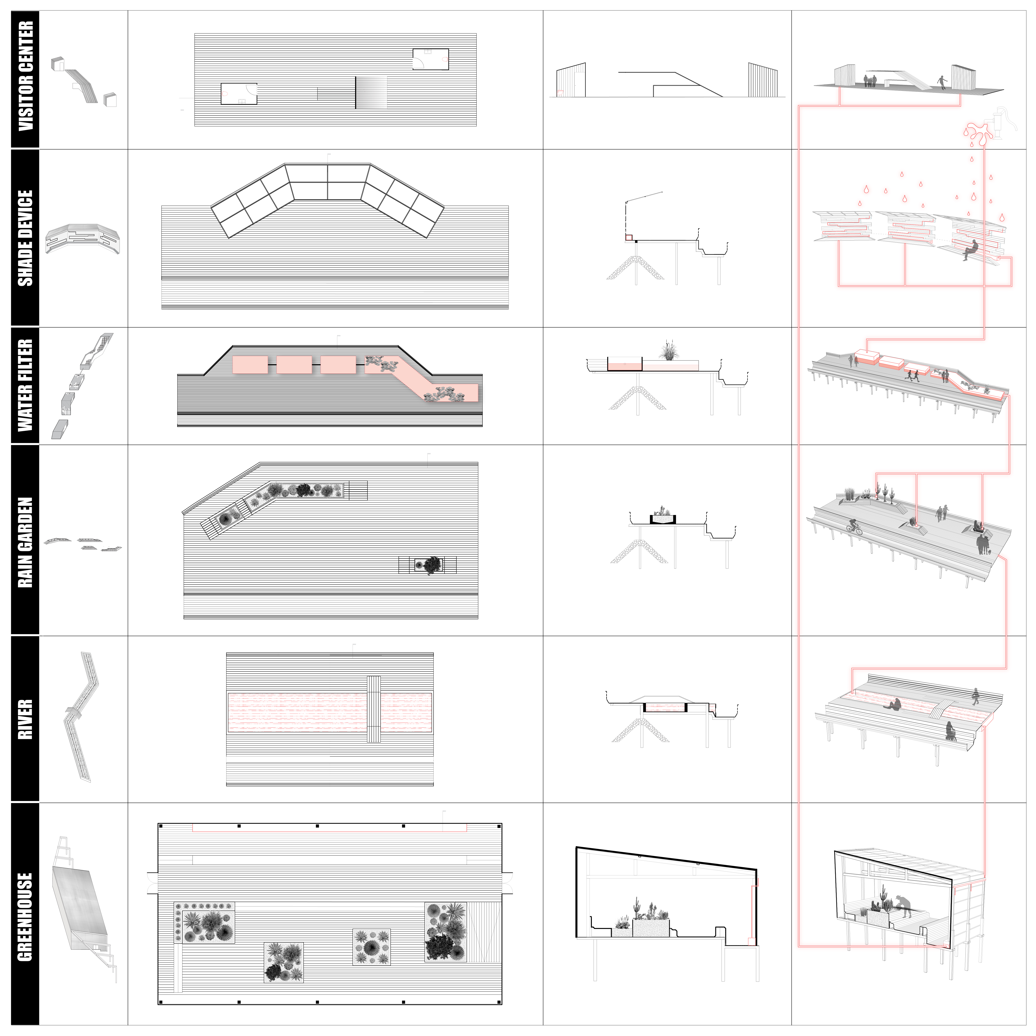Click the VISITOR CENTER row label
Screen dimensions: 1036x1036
click(x=25, y=76)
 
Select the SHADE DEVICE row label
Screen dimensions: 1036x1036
click(x=25, y=238)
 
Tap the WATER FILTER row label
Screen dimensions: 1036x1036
click(x=25, y=386)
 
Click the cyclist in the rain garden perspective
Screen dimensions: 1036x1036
click(x=854, y=528)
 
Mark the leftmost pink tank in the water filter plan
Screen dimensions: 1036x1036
click(x=250, y=365)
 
